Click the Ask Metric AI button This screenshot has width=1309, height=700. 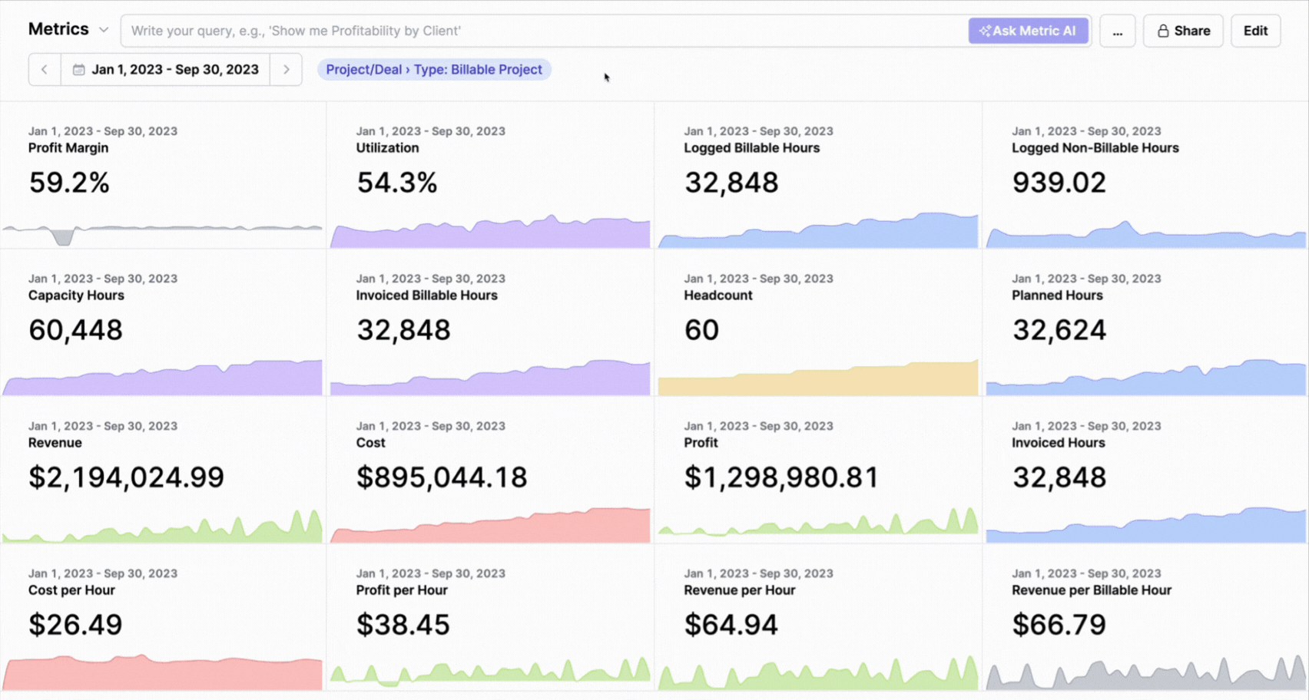(x=1028, y=31)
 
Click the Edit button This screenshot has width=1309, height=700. (x=1255, y=31)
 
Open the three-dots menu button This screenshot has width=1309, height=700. (x=1117, y=31)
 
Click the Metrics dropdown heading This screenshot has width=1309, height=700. (x=68, y=29)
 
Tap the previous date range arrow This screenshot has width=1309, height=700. (x=45, y=69)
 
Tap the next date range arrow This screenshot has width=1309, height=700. (x=286, y=69)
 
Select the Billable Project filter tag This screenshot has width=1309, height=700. (x=434, y=69)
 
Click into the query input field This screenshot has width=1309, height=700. (x=538, y=31)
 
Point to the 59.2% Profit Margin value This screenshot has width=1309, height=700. (x=69, y=183)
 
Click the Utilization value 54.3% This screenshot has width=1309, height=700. (x=396, y=183)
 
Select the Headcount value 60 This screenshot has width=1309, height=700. (x=701, y=330)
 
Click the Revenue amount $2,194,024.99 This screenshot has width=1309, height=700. (x=126, y=477)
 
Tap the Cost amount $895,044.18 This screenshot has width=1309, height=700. (x=442, y=477)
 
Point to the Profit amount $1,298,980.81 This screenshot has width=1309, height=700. (x=781, y=477)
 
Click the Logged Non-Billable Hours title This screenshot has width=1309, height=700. (x=1095, y=148)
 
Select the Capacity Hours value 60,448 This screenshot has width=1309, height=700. (x=75, y=330)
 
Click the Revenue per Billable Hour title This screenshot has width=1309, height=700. (x=1091, y=590)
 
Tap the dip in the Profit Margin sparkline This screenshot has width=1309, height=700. (x=63, y=239)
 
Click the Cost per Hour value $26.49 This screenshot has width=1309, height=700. (x=75, y=625)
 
